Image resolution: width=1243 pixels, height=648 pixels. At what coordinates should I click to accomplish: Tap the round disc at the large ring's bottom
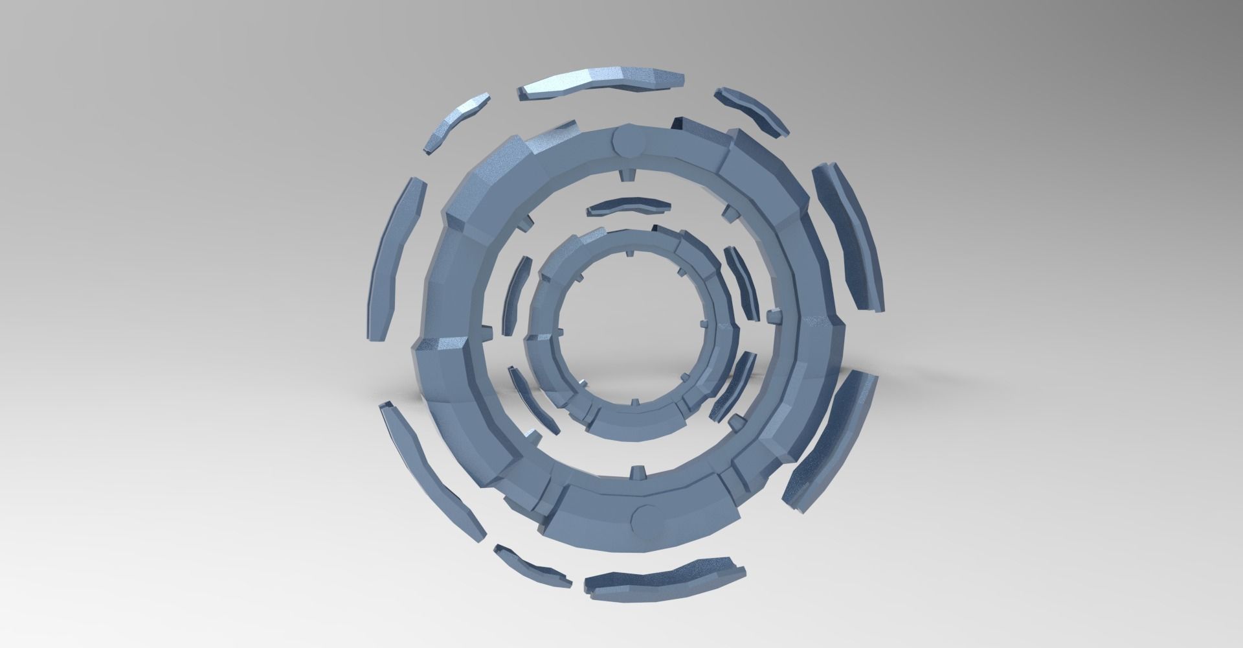(x=645, y=518)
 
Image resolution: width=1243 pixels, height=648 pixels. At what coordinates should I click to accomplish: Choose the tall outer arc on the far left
(x=396, y=259)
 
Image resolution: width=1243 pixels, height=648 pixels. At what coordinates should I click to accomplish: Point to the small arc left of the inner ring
(x=516, y=295)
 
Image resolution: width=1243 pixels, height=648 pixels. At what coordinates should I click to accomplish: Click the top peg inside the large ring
(x=629, y=175)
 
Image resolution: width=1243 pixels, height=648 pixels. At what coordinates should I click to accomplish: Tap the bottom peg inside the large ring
(x=638, y=469)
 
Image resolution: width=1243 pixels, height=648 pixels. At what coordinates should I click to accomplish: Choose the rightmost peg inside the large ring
(x=772, y=316)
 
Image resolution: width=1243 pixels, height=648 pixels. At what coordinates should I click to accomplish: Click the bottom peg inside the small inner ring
(x=634, y=401)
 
